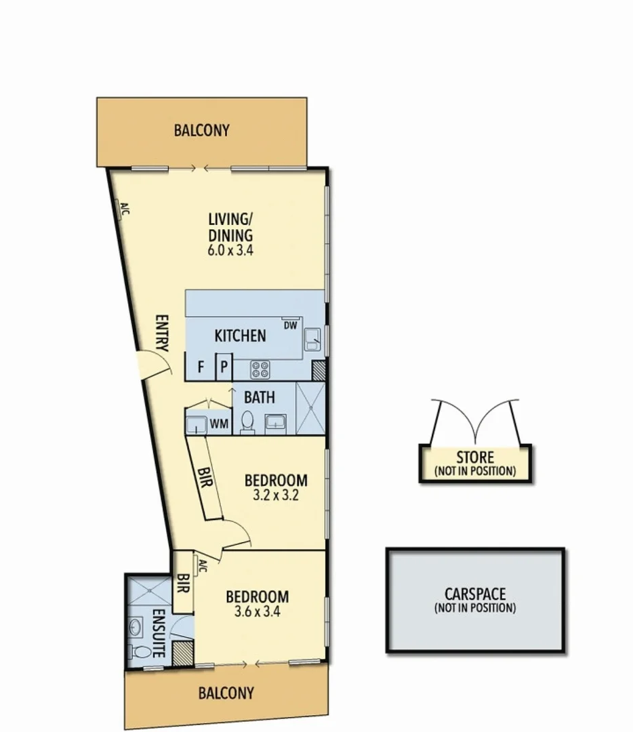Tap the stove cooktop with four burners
pos(260,369)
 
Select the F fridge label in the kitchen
pos(201,369)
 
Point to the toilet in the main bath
pos(247,422)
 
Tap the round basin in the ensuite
pos(136,625)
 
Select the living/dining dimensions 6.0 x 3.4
pos(230,249)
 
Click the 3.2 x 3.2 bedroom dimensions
pos(276,495)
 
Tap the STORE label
pos(474,457)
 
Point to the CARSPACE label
pos(474,595)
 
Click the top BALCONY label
pos(201,130)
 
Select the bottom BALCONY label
pos(226,693)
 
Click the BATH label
pos(259,396)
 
